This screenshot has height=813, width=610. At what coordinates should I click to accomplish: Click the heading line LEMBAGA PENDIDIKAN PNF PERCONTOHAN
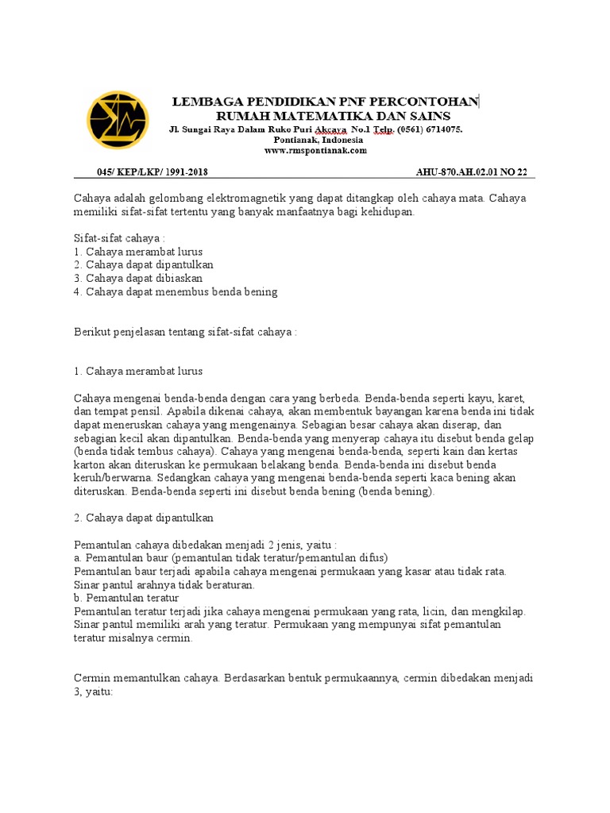click(x=326, y=102)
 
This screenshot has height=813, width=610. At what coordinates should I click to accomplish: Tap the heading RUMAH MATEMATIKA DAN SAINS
click(x=322, y=116)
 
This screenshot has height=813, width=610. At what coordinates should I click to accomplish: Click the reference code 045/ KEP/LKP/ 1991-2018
click(x=152, y=172)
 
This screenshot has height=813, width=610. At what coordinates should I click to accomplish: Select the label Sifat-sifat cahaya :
click(x=119, y=237)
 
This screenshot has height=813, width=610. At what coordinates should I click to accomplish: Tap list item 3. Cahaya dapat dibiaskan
click(x=137, y=279)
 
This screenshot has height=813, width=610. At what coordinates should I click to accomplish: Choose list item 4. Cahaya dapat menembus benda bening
click(x=176, y=292)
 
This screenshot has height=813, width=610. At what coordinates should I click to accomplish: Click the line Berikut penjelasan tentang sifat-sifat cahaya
click(x=185, y=332)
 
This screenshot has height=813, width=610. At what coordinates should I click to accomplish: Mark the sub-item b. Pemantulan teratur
click(x=126, y=597)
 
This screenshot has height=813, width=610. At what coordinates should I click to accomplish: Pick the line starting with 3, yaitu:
click(x=94, y=692)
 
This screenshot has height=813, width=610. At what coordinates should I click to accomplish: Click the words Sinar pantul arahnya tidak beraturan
click(x=164, y=584)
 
